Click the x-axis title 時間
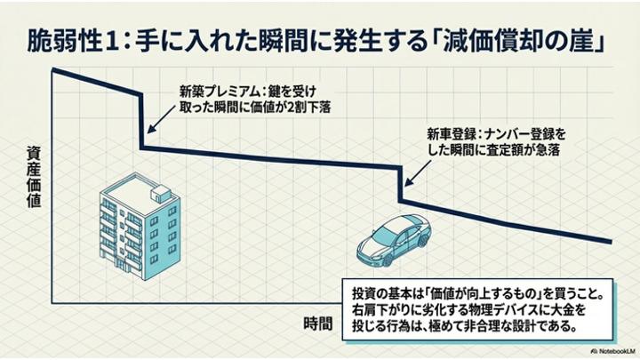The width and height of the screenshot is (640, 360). pos(317,322)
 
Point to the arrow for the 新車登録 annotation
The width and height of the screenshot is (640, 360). pos(415,169)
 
